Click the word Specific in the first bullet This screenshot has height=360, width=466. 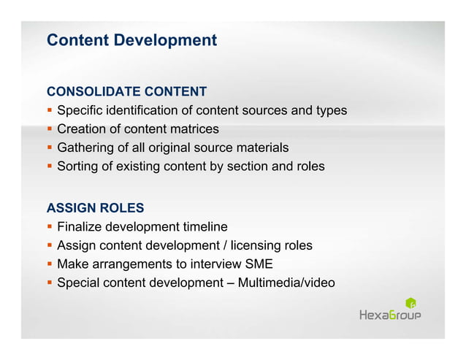[x=80, y=111]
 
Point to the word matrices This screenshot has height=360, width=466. [x=194, y=129]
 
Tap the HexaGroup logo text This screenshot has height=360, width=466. [x=390, y=315]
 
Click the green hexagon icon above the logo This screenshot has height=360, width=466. [x=410, y=302]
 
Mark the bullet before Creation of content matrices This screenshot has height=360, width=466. [x=50, y=129]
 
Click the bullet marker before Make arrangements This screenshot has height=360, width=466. [x=50, y=264]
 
